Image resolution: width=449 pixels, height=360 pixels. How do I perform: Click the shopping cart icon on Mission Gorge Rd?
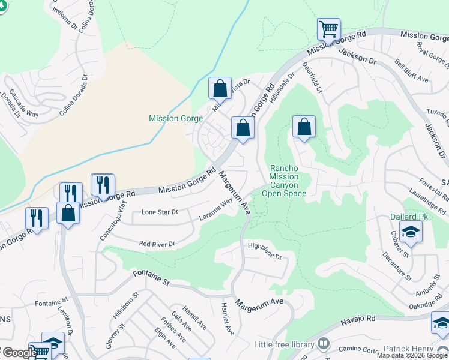coord(328,29)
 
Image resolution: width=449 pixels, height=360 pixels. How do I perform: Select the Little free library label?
coord(284,344)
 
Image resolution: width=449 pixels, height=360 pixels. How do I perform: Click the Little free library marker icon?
coord(324,344)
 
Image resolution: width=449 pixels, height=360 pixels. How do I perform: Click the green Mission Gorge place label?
coord(172,118)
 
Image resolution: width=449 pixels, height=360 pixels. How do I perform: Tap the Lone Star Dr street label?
coord(160,212)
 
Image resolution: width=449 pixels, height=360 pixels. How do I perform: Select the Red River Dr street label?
coord(156,244)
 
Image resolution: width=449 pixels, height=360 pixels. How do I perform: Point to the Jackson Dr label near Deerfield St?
coord(357,57)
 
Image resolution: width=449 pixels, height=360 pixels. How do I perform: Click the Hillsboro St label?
coord(125,305)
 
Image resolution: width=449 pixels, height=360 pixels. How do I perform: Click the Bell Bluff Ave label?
coord(412,71)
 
